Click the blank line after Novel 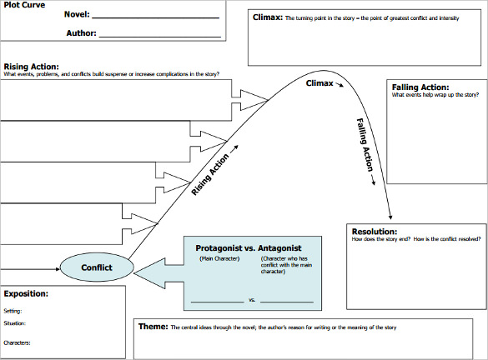click(x=158, y=16)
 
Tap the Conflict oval click(x=96, y=267)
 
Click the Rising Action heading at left click(x=36, y=67)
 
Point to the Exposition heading click(x=26, y=294)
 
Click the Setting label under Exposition click(x=14, y=310)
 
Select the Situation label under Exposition click(x=15, y=322)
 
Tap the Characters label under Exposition click(x=18, y=342)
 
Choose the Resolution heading click(x=375, y=232)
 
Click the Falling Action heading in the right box click(x=420, y=87)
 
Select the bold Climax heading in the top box click(x=268, y=17)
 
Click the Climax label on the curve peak click(x=319, y=84)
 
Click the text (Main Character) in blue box click(x=219, y=259)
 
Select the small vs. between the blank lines click(x=253, y=299)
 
